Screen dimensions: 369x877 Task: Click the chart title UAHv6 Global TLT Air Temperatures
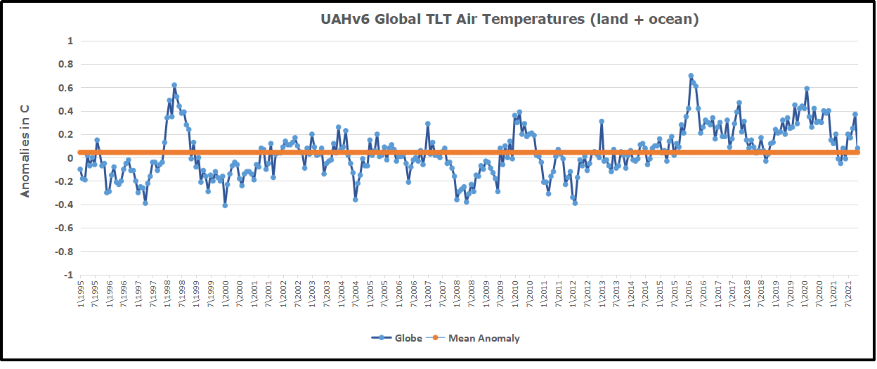point(509,20)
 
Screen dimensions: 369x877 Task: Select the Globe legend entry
point(397,338)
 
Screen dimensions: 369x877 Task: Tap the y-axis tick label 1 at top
point(70,41)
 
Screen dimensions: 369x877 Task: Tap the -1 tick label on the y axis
point(67,275)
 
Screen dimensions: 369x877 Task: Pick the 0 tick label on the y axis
point(70,158)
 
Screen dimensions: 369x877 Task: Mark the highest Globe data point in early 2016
point(691,76)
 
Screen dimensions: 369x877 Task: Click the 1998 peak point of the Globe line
point(174,86)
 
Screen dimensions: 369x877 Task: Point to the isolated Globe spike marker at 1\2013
point(602,122)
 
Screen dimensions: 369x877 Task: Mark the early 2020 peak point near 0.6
point(807,89)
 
